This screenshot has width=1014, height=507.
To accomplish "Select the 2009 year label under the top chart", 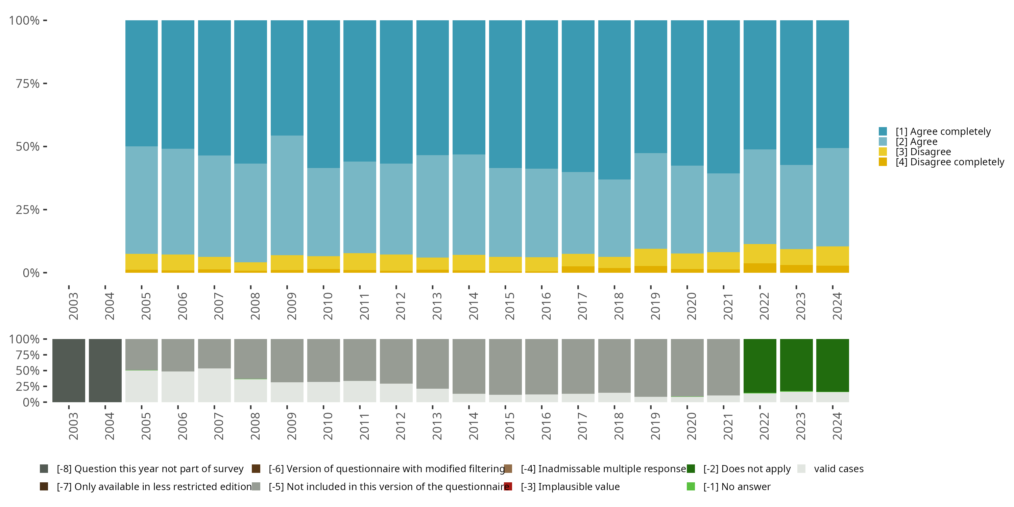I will [x=291, y=306].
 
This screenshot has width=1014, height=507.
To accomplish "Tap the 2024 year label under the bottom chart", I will [x=837, y=426].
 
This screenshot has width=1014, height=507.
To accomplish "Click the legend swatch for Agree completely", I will [x=883, y=131].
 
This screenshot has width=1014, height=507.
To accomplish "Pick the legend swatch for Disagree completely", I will [x=883, y=162].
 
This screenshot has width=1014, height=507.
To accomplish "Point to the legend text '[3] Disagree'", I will [x=923, y=152].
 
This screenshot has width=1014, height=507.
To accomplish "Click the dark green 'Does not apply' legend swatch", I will [x=691, y=469].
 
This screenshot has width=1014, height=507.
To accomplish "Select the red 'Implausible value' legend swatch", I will [x=508, y=486].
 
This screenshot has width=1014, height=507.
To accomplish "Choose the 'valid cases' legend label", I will [x=839, y=469].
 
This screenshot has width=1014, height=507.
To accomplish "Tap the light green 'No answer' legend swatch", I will [x=691, y=486].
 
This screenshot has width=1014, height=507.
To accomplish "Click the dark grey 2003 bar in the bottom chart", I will [x=69, y=370].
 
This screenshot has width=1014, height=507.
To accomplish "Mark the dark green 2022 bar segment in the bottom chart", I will [x=760, y=366].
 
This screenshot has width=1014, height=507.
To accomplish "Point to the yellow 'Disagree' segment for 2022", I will [x=760, y=254].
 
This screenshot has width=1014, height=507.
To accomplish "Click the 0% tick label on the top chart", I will [x=31, y=273].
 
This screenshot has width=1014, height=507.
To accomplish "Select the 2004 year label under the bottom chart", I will [x=109, y=426].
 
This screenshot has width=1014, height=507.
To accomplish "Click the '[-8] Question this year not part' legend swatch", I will [x=44, y=469].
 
